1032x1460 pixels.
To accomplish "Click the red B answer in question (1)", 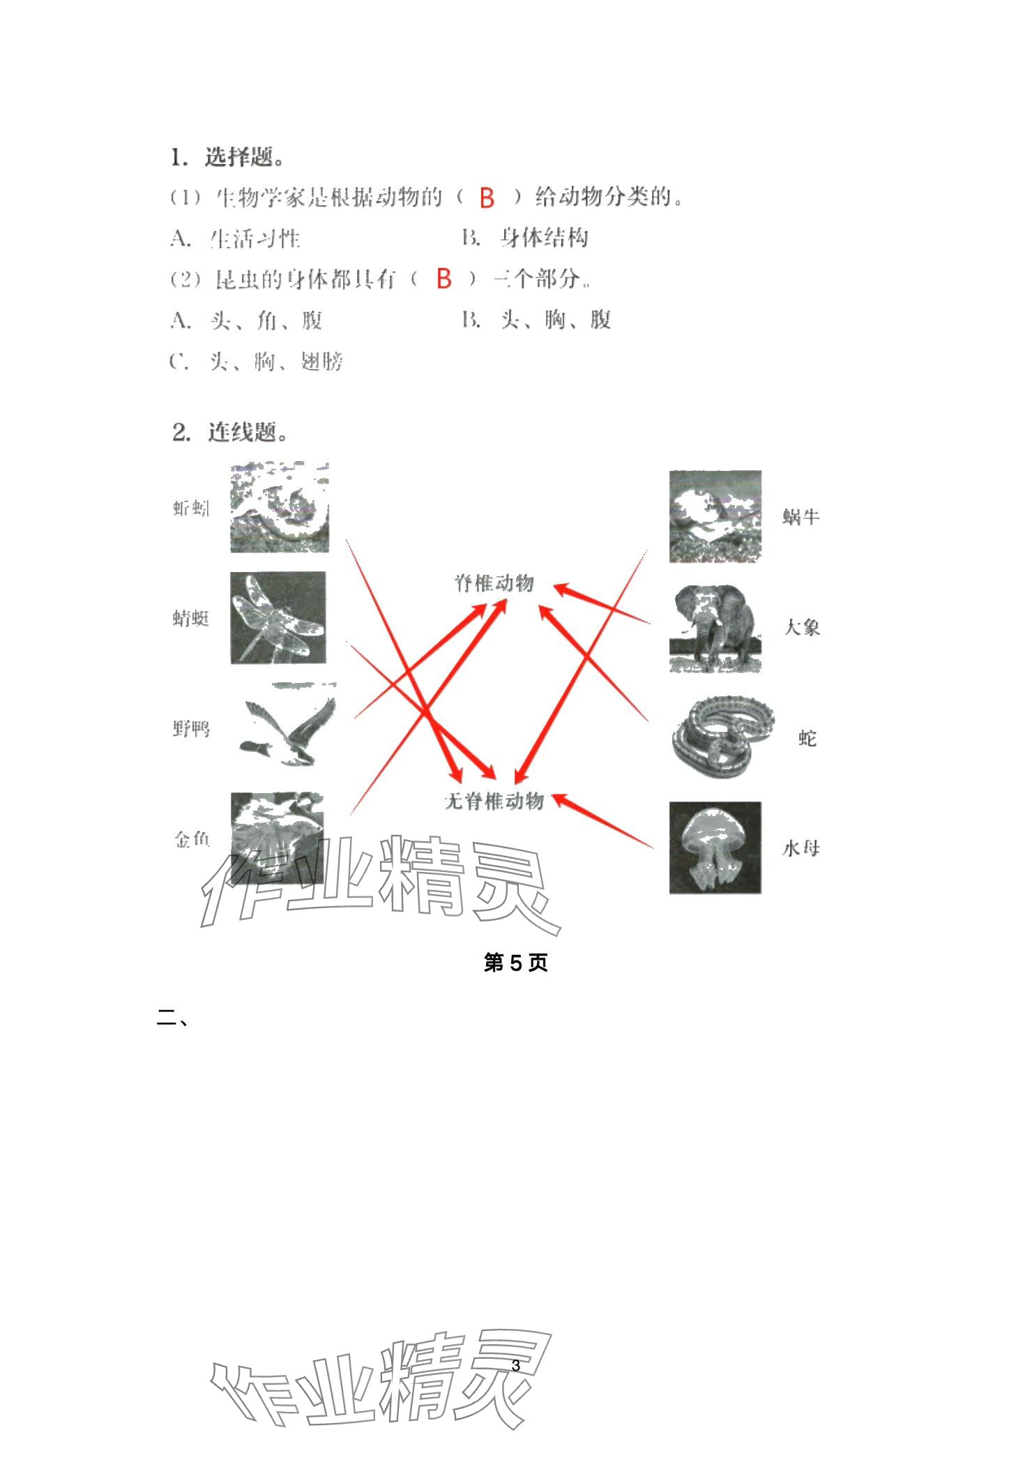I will (x=487, y=199).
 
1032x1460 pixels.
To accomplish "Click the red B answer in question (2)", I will (x=444, y=280).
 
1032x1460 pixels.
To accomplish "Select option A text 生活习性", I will (x=255, y=239).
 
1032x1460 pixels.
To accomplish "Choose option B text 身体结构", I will (x=544, y=239).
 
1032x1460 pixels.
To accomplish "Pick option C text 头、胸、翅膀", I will (x=276, y=361).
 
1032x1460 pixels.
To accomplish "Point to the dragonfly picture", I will (x=278, y=618).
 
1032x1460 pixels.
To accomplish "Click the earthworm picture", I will (x=279, y=508).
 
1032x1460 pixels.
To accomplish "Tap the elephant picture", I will (x=715, y=628).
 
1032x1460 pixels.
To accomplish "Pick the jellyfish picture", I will (x=715, y=848).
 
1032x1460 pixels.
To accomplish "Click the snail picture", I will (x=715, y=516).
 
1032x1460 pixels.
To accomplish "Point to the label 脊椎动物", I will (x=494, y=583).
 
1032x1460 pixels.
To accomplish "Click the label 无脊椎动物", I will (x=494, y=802).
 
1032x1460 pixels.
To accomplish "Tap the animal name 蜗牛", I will (x=800, y=517).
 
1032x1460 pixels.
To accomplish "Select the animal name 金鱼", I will (x=192, y=839).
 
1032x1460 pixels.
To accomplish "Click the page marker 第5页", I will (x=515, y=963).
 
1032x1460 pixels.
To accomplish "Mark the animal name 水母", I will (x=800, y=848).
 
